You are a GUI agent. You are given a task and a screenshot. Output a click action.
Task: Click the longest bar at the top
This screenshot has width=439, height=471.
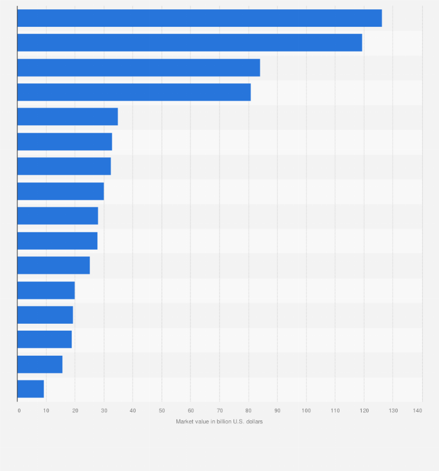click(199, 18)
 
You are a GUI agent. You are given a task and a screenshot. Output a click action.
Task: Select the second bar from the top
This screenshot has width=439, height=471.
click(189, 43)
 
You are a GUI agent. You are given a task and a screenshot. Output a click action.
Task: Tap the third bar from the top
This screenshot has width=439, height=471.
click(139, 68)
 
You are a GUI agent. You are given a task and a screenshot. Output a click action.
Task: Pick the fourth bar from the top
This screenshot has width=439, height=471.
click(134, 92)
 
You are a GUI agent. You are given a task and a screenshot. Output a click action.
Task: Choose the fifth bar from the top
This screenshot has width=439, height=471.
click(68, 116)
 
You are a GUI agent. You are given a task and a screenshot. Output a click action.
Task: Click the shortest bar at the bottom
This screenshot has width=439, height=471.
click(31, 389)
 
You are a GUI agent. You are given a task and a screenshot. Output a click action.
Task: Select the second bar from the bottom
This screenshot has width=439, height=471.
click(40, 364)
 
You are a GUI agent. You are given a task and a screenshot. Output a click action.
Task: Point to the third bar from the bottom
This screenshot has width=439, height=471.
click(44, 339)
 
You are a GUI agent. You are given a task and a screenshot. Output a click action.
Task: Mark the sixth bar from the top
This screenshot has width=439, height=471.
click(65, 141)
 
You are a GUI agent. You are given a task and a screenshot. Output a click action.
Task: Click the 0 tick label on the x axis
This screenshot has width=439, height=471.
click(19, 411)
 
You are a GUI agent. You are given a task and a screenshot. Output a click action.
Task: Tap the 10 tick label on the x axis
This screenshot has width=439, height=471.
click(47, 411)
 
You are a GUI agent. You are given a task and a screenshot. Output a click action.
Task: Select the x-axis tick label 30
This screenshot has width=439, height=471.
click(104, 411)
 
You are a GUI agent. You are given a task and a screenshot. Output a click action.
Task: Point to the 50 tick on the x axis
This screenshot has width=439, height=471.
click(162, 411)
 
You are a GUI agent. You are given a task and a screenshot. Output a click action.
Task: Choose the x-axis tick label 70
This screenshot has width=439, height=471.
click(220, 411)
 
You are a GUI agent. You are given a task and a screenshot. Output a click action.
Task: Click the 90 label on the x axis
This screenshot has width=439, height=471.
click(277, 411)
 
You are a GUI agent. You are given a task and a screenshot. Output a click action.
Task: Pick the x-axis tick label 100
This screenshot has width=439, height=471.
click(306, 411)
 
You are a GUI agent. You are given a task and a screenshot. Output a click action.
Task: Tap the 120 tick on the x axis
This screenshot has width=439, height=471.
click(364, 411)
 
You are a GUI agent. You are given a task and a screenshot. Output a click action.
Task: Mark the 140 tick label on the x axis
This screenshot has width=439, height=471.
click(417, 411)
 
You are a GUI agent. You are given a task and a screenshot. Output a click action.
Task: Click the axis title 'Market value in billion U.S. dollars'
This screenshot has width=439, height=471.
click(219, 422)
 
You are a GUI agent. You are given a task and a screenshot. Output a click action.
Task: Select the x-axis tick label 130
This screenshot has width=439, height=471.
click(392, 411)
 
